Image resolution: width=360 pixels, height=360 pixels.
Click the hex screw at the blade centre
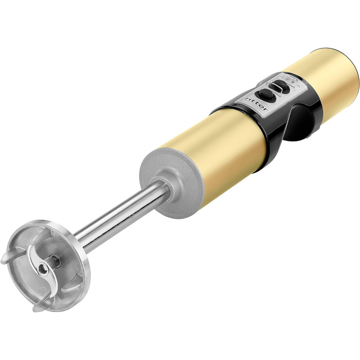tap(42, 268)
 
